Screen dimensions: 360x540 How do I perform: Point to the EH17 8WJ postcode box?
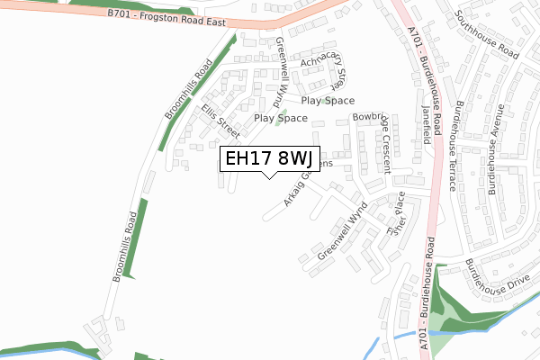pos(268,158)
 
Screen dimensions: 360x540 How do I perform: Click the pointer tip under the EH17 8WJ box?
pos(268,176)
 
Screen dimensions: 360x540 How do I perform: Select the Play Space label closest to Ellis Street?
pos(281,118)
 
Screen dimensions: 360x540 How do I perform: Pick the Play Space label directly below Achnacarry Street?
pos(328,101)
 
